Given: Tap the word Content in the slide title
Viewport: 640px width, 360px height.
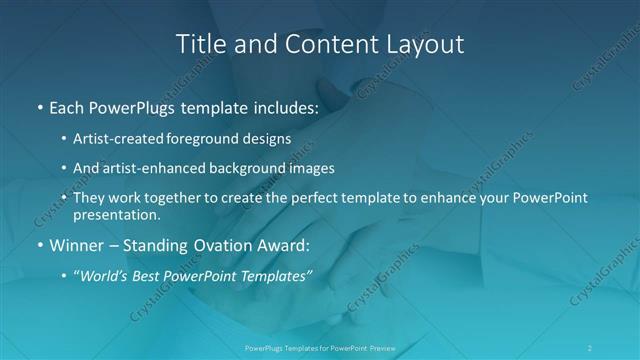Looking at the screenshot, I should click(x=322, y=45).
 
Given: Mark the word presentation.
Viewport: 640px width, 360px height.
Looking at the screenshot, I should click(x=117, y=214).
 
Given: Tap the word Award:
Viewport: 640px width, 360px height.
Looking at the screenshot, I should click(x=279, y=245).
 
